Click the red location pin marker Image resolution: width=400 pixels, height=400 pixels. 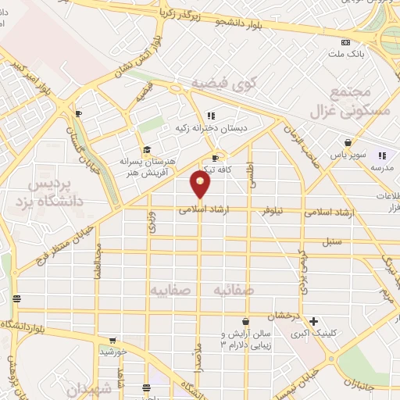click(200, 184)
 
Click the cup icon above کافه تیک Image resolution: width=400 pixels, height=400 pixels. click(215, 158)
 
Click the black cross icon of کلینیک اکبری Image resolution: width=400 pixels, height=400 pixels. click(313, 321)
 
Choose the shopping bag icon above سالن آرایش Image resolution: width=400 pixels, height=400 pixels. click(245, 321)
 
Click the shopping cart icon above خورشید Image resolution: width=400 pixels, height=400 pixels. click(113, 341)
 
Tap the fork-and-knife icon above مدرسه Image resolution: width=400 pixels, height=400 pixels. click(384, 156)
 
